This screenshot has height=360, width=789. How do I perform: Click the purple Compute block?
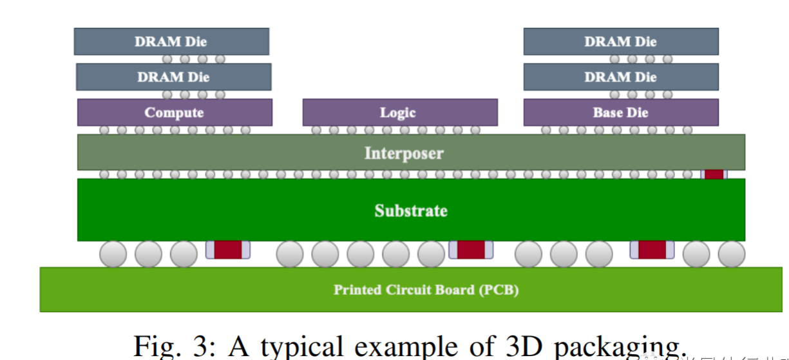[x=175, y=113]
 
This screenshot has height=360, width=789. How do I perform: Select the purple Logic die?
[x=399, y=113]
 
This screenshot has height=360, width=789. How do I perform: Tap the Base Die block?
[x=620, y=113]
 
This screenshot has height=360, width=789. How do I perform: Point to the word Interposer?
[x=404, y=153]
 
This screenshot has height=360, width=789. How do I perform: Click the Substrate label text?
[x=411, y=211]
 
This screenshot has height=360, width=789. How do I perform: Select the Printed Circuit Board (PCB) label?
[x=426, y=289]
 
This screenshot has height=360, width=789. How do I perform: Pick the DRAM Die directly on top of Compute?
[x=173, y=77]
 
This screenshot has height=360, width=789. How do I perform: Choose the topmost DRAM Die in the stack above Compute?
[x=171, y=42]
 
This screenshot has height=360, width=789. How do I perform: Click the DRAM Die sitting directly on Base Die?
[x=620, y=77]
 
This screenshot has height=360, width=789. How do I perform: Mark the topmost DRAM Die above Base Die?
[x=620, y=42]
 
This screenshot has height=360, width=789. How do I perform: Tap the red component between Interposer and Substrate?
[x=714, y=174]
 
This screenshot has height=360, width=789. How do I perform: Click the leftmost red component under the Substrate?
[x=227, y=250]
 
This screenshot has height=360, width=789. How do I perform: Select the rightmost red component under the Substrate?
[x=652, y=250]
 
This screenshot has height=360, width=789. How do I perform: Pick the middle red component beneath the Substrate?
[x=471, y=250]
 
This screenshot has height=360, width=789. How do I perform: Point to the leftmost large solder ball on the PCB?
[x=113, y=254]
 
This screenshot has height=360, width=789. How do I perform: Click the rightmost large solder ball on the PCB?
[x=732, y=254]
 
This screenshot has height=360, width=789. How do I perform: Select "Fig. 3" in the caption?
[x=170, y=346]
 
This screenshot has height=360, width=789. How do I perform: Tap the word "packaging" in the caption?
[x=618, y=348]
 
